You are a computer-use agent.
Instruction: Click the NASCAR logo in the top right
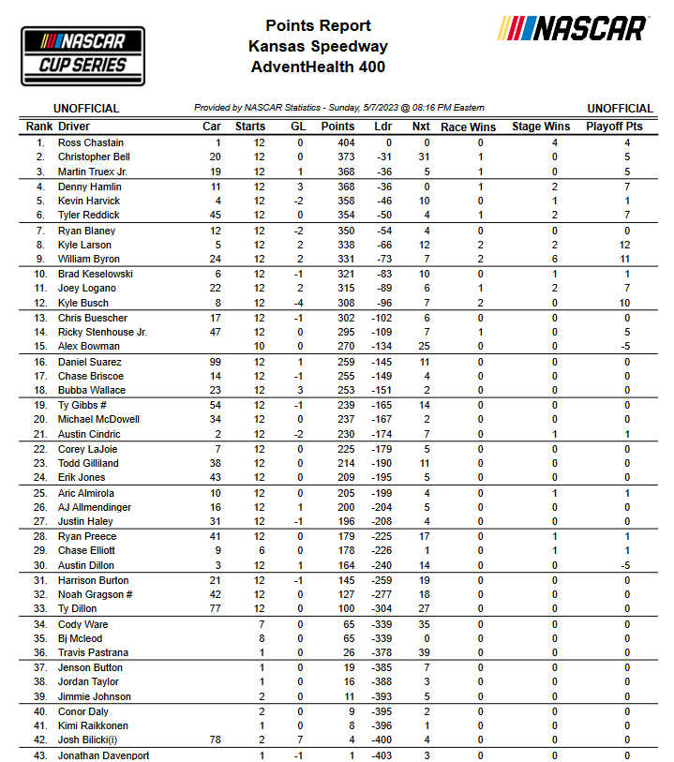tap(572, 29)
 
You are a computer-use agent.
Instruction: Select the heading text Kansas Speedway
tap(318, 46)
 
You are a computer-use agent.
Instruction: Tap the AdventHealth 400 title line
tap(318, 67)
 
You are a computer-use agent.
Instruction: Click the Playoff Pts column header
tap(614, 127)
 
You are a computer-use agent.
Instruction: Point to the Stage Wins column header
tap(541, 127)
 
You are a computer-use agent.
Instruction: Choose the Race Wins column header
tap(468, 127)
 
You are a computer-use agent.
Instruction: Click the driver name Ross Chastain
tap(90, 142)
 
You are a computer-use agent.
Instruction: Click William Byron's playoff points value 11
tap(627, 260)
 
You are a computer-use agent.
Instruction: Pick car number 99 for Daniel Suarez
tap(215, 362)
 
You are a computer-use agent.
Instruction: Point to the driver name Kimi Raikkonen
tap(94, 725)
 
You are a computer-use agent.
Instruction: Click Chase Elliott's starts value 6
tap(260, 550)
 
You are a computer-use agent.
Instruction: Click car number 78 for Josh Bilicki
tap(215, 740)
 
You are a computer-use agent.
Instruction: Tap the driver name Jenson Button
tap(90, 667)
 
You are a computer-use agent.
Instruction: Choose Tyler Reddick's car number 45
tap(215, 216)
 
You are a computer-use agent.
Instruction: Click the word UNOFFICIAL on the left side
tap(86, 109)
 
